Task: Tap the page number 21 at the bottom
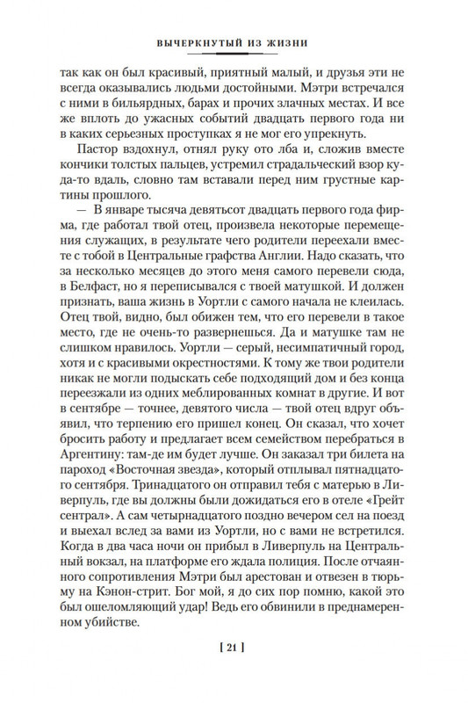click(x=234, y=672)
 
